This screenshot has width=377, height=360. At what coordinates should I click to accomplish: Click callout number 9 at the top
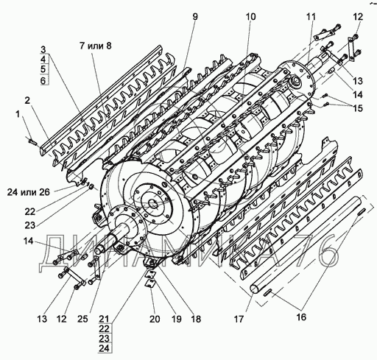pos(195,17)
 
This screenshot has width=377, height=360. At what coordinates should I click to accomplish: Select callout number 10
pos(250,17)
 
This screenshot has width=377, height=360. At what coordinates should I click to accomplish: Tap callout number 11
pos(311,17)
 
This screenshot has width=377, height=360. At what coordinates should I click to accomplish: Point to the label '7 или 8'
pos(95,46)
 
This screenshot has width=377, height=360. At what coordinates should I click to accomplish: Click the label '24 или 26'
pos(29,192)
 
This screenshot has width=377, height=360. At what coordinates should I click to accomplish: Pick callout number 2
pos(27,100)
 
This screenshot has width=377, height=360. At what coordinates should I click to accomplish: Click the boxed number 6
pos(43,80)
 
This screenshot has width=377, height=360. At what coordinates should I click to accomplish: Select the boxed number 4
pos(43,60)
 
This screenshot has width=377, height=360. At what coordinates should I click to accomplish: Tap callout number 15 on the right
pos(358,108)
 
